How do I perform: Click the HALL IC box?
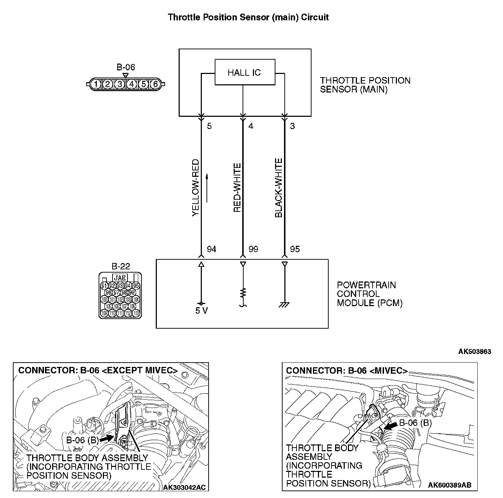[x=245, y=72]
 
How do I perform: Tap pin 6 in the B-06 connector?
[x=155, y=84]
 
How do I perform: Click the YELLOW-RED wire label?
[x=195, y=188]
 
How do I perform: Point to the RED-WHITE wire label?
[x=237, y=188]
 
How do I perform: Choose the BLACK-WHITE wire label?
[x=279, y=188]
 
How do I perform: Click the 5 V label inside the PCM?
[x=201, y=310]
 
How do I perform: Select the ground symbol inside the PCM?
[x=285, y=304]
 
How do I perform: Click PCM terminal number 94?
[x=211, y=249]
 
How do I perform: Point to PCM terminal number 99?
[x=253, y=249]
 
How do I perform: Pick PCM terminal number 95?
[x=295, y=249]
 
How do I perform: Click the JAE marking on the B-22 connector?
[x=120, y=278]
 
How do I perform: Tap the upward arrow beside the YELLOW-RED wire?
[x=207, y=188]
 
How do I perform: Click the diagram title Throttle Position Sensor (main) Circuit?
[x=248, y=17]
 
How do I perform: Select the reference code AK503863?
[x=474, y=352]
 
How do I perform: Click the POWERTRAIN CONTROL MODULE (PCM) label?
[x=369, y=294]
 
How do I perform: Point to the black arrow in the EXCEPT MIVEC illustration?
[x=106, y=438]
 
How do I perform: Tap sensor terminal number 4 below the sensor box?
[x=251, y=126]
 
